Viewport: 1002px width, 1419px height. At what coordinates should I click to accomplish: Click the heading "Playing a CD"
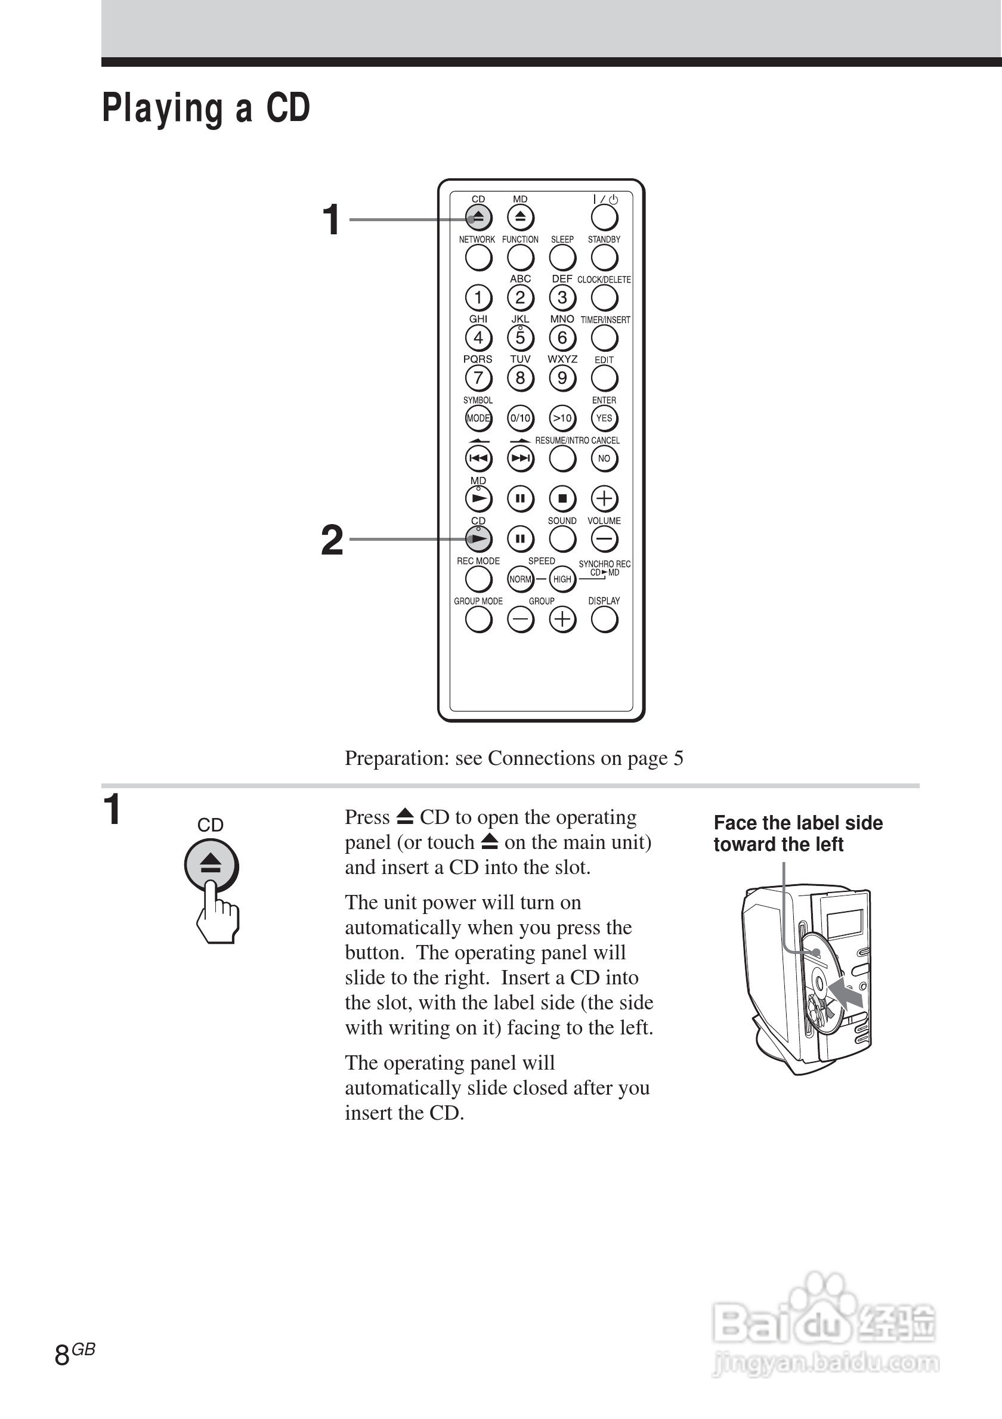pyautogui.click(x=206, y=109)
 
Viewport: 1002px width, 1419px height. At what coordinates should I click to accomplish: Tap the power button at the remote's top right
pyautogui.click(x=604, y=218)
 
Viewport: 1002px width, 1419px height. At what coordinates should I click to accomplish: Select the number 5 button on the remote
pyautogui.click(x=520, y=337)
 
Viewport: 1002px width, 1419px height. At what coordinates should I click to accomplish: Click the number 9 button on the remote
pyautogui.click(x=562, y=377)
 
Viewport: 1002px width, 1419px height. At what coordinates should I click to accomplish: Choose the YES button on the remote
pyautogui.click(x=604, y=419)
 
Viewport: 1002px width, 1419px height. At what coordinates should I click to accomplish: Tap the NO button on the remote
pyautogui.click(x=604, y=458)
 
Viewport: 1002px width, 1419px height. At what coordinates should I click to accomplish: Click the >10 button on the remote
pyautogui.click(x=562, y=419)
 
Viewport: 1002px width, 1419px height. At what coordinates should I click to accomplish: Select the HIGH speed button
pyautogui.click(x=562, y=579)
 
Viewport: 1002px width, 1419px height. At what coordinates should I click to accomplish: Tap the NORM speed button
pyautogui.click(x=520, y=579)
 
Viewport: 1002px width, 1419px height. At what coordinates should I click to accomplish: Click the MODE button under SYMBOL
pyautogui.click(x=478, y=419)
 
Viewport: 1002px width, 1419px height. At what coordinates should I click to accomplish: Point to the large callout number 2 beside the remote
pyautogui.click(x=332, y=540)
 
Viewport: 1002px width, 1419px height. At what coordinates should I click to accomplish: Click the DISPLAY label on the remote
pyautogui.click(x=604, y=601)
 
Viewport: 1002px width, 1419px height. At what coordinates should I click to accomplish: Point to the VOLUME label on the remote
pyautogui.click(x=604, y=521)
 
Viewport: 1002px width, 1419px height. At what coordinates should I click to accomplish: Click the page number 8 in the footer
pyautogui.click(x=62, y=1355)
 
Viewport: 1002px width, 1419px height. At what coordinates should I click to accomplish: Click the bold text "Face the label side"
pyautogui.click(x=798, y=823)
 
